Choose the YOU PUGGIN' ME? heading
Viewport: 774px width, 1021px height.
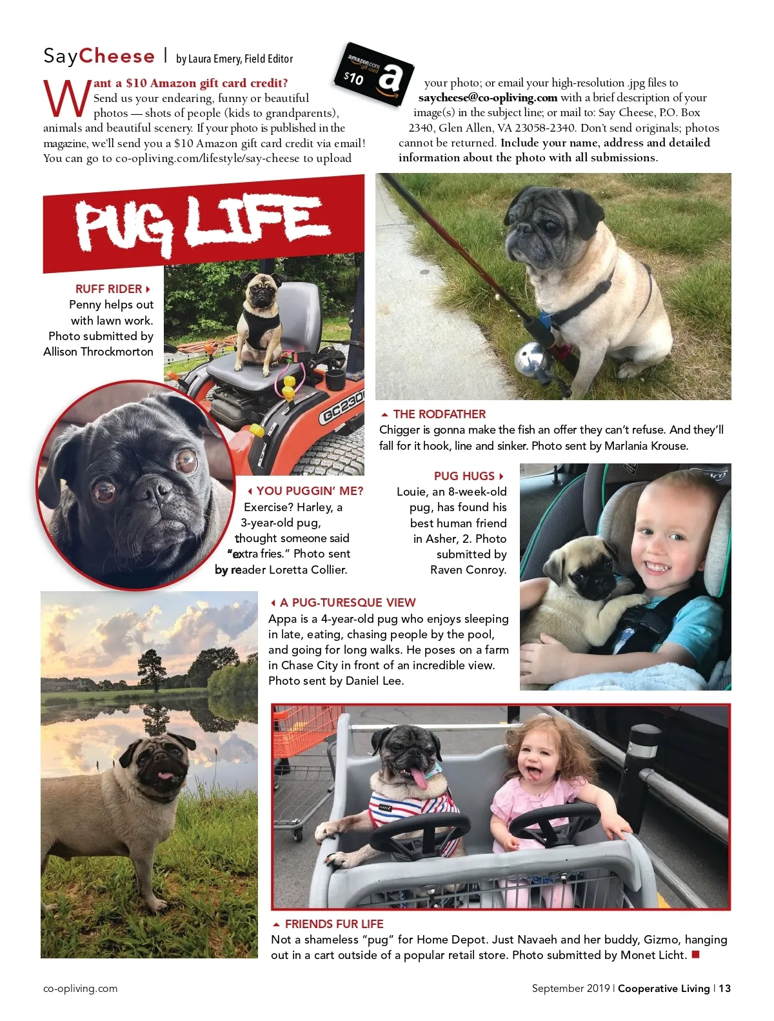309,491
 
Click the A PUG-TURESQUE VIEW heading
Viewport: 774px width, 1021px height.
347,603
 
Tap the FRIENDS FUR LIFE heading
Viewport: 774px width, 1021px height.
333,924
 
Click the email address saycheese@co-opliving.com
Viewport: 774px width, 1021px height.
488,98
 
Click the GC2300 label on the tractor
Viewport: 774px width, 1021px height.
342,407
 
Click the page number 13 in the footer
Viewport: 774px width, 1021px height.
724,988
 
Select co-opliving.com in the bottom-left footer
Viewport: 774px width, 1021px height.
81,988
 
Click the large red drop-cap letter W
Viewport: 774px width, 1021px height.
66,98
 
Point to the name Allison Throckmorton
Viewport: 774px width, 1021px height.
99,352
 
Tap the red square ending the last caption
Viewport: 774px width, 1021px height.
695,955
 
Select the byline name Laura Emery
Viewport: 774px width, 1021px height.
213,59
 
